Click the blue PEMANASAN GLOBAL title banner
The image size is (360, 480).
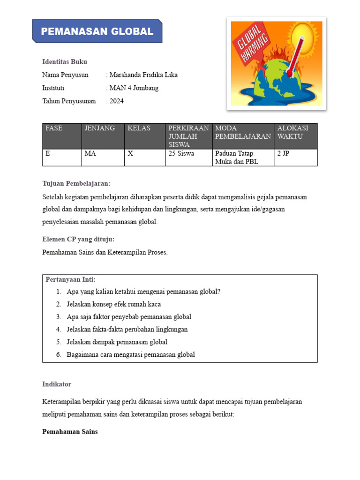pos(97,31)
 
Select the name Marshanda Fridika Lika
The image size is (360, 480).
pos(143,75)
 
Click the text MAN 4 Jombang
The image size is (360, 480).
pos(134,88)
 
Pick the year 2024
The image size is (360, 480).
pos(116,101)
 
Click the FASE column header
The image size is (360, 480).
pos(54,128)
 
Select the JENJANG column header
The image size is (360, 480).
pos(99,128)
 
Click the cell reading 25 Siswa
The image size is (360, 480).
pos(182,154)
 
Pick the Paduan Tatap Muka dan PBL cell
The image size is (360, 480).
pos(236,158)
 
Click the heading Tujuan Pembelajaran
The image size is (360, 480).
pos(76,184)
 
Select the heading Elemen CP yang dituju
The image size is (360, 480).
pos(78,239)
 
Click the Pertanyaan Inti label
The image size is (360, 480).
pos(70,280)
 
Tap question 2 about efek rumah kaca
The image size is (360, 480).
pos(114,304)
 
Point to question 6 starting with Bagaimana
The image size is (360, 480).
pos(131,355)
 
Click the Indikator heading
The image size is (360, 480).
pos(57,384)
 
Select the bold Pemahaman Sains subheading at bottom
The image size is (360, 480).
pos(70,432)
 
